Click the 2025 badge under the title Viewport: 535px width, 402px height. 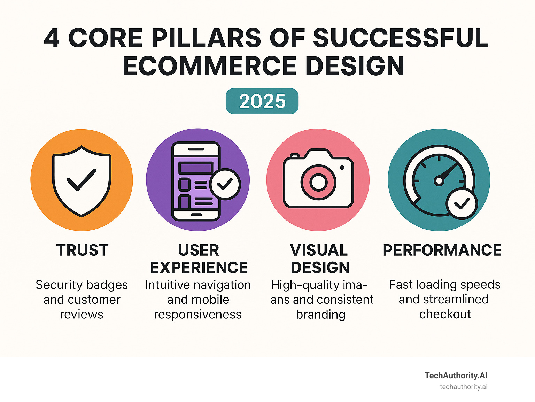(x=262, y=101)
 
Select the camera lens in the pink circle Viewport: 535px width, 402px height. (x=318, y=182)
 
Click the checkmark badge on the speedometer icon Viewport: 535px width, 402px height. (x=462, y=204)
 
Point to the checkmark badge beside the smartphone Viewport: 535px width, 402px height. (x=225, y=184)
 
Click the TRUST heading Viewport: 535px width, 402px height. (x=82, y=250)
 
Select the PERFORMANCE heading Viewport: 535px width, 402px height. (x=442, y=250)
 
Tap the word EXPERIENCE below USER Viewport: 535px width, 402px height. (x=199, y=268)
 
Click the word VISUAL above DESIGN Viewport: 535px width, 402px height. (x=319, y=250)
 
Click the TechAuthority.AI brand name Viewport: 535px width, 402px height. (x=456, y=375)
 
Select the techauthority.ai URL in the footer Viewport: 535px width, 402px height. (x=463, y=387)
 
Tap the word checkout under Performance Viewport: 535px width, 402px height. (x=445, y=314)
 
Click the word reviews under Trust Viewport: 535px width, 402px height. (x=82, y=314)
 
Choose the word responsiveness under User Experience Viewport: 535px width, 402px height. (x=197, y=314)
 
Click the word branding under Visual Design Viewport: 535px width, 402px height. (x=320, y=314)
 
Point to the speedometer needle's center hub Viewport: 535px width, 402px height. (x=439, y=181)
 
